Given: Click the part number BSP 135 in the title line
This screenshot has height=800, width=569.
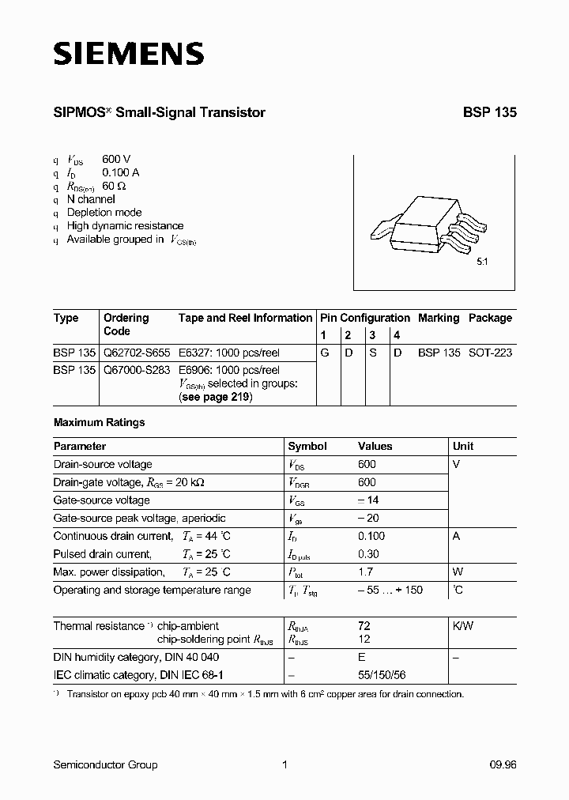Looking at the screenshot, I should pos(489,113).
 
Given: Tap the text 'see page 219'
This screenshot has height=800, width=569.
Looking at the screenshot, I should pos(216,397).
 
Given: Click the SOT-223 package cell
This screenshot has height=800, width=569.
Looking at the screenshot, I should pos(490,353).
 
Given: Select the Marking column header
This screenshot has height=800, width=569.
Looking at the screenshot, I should pos(439,318).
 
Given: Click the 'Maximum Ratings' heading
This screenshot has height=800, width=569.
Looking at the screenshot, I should pos(99,422).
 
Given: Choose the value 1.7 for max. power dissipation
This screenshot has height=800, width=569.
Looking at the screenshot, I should pos(366,572).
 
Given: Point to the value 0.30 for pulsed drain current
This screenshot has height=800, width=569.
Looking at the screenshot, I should pos(367,554).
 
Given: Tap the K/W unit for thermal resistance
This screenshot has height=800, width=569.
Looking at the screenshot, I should pos(463,625).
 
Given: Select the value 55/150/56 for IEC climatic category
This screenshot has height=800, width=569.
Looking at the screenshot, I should pos(383,675).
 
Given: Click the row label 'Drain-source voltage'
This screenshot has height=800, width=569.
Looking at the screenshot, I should pos(103,464).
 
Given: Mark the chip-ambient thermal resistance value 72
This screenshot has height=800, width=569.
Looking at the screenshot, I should pos(364,625).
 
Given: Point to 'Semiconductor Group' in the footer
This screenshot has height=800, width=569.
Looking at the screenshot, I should pos(105,764).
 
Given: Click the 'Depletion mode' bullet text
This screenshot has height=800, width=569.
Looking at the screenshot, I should pos(104,213).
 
